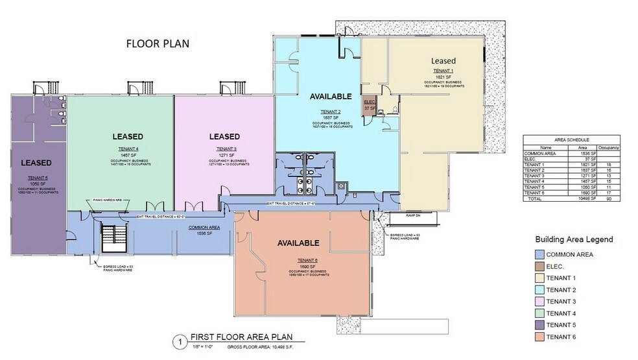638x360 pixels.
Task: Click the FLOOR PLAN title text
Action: point(157,44)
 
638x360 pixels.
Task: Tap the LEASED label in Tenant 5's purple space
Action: point(36,162)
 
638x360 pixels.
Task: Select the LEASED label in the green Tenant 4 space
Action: point(127,137)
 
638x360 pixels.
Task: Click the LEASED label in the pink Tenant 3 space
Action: point(224,137)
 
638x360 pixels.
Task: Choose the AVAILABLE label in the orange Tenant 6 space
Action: point(298,243)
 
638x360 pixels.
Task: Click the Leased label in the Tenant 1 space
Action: point(443,61)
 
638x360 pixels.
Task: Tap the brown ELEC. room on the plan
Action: point(370,104)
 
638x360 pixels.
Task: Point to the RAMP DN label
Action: point(414,215)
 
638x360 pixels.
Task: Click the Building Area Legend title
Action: point(573,239)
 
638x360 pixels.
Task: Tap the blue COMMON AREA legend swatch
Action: point(539,254)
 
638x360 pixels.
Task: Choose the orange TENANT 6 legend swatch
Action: point(539,337)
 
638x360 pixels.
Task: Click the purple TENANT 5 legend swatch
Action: point(539,324)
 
